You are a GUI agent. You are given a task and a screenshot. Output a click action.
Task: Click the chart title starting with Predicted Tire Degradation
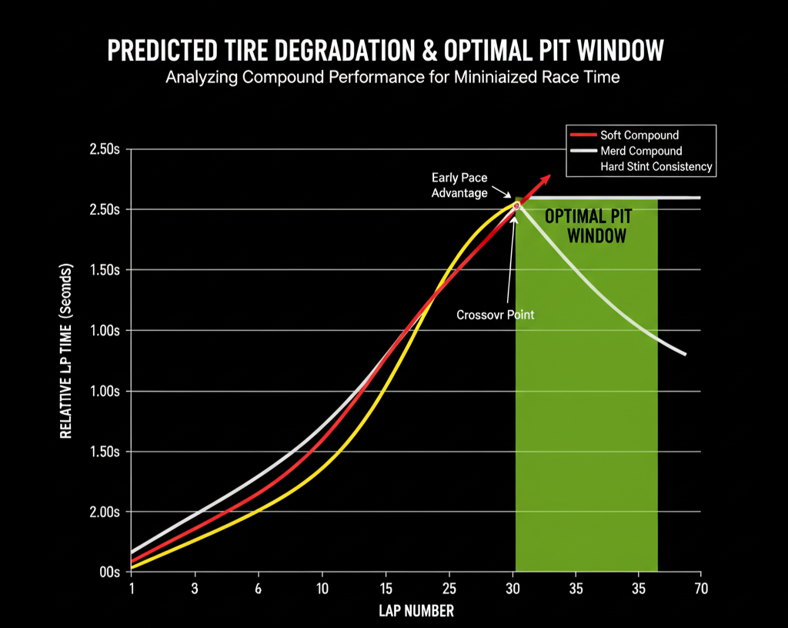pyautogui.click(x=385, y=51)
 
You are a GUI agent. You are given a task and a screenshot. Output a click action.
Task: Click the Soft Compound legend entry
pyautogui.click(x=639, y=135)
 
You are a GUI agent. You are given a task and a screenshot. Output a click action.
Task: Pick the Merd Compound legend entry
pyautogui.click(x=641, y=151)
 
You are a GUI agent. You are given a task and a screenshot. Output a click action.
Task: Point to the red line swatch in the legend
pyautogui.click(x=583, y=135)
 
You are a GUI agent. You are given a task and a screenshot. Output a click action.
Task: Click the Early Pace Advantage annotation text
pyautogui.click(x=459, y=185)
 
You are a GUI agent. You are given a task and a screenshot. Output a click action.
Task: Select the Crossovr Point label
pyautogui.click(x=496, y=315)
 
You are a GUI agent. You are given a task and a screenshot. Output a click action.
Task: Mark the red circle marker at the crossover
pyautogui.click(x=516, y=205)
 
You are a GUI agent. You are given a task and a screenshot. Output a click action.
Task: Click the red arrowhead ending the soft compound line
pyautogui.click(x=546, y=177)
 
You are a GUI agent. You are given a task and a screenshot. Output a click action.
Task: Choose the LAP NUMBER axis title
pyautogui.click(x=416, y=612)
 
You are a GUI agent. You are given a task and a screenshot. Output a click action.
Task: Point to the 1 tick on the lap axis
pyautogui.click(x=132, y=589)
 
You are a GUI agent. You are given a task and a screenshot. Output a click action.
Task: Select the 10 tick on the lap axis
pyautogui.click(x=322, y=589)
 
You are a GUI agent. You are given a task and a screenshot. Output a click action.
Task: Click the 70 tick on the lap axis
pyautogui.click(x=700, y=589)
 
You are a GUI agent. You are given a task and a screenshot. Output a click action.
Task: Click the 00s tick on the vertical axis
pyautogui.click(x=109, y=573)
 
